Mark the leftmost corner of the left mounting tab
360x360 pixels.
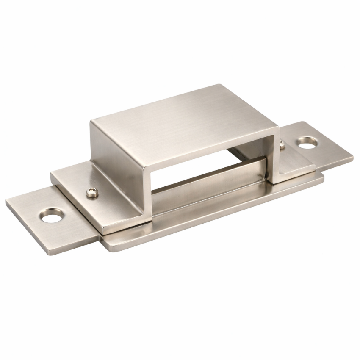pos(6,202)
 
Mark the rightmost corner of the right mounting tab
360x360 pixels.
pos(353,160)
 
